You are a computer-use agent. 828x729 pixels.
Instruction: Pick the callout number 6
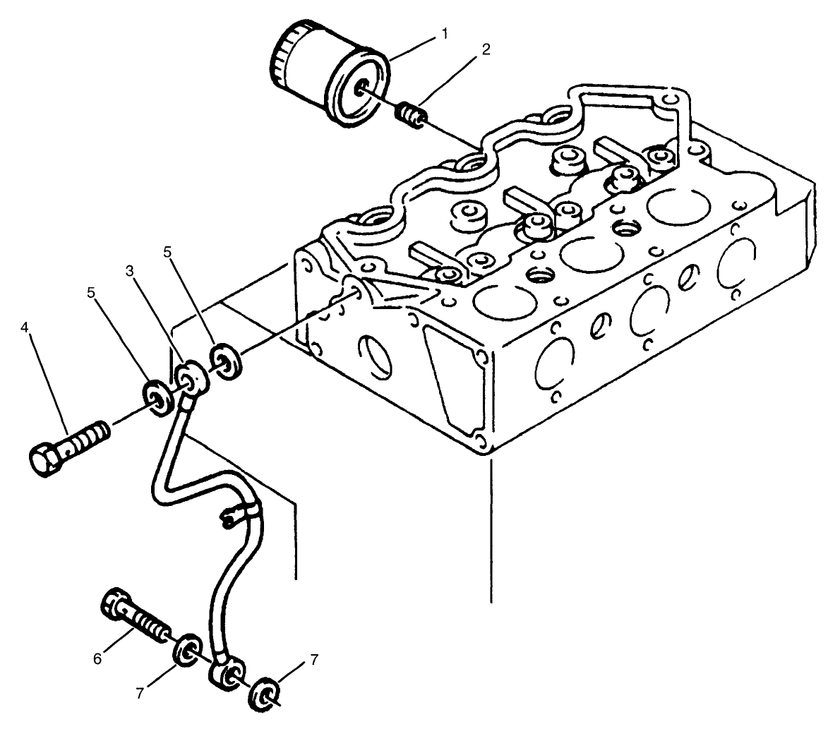click(x=98, y=658)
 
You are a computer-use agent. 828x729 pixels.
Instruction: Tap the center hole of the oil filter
click(x=362, y=89)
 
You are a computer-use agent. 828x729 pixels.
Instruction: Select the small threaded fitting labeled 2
click(x=409, y=114)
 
